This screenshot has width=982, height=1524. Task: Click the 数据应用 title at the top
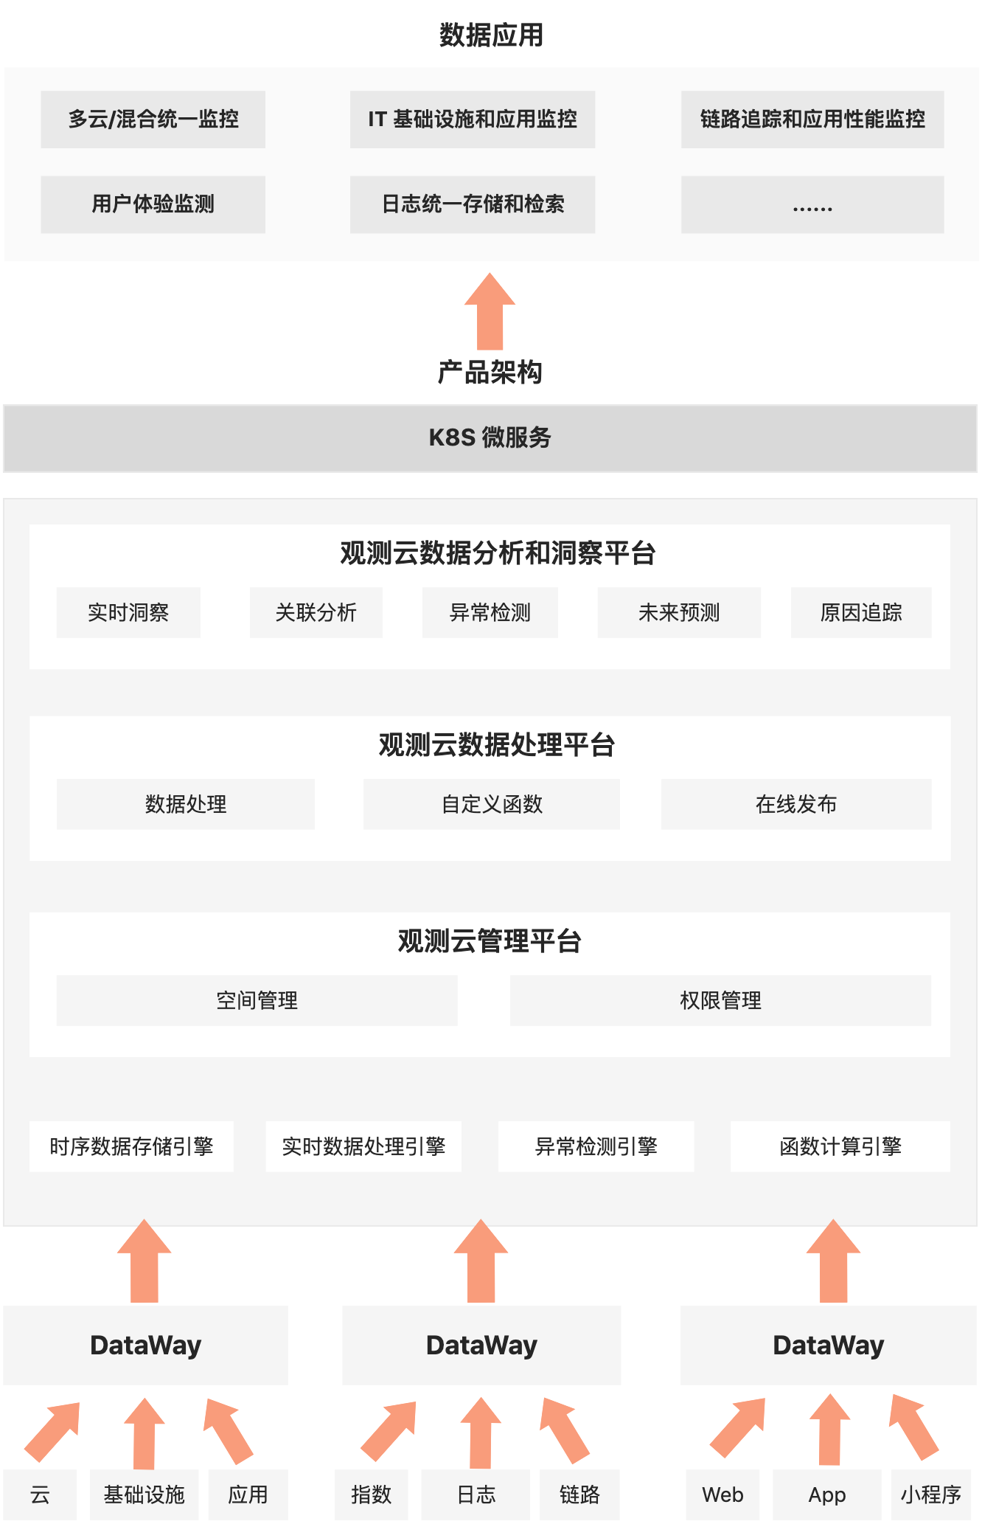pos(491,35)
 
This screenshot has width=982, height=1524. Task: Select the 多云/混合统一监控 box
pos(153,120)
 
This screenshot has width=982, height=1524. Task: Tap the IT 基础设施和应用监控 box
pos(473,120)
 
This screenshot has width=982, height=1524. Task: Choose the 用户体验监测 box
pos(153,204)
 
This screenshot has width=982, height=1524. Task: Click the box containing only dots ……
pos(812,204)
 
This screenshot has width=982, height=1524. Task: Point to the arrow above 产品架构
pos(490,311)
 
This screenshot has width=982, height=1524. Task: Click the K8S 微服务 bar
pos(490,438)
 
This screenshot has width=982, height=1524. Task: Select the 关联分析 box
pos(316,612)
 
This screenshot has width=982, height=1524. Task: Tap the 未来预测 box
pos(679,612)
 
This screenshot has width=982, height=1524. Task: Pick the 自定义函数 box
pos(492,804)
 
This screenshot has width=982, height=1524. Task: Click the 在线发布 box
pos(796,804)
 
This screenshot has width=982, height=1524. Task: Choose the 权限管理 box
pos(720,1000)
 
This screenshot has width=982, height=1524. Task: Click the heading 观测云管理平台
pos(490,941)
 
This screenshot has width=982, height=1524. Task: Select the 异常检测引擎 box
pos(596,1146)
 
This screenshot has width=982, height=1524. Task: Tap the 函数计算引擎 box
pos(840,1146)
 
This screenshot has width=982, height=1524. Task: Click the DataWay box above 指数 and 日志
pos(481,1345)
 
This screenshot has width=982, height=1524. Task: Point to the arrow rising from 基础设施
pos(144,1433)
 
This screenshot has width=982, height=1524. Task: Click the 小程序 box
pos(930,1494)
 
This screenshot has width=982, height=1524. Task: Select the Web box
pos(722,1494)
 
